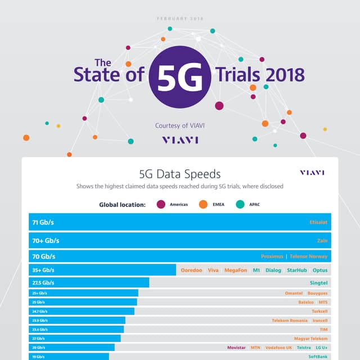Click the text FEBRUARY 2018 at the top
click(179, 19)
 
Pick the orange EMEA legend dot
click(202, 204)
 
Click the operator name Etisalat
click(318, 222)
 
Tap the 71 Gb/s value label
click(46, 222)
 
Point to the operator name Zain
click(322, 240)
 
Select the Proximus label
click(272, 256)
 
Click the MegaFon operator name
click(236, 271)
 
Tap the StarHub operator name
click(296, 271)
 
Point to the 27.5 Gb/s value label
click(46, 283)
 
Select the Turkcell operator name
click(319, 311)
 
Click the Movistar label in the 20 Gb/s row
click(236, 348)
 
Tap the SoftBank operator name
click(318, 357)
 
